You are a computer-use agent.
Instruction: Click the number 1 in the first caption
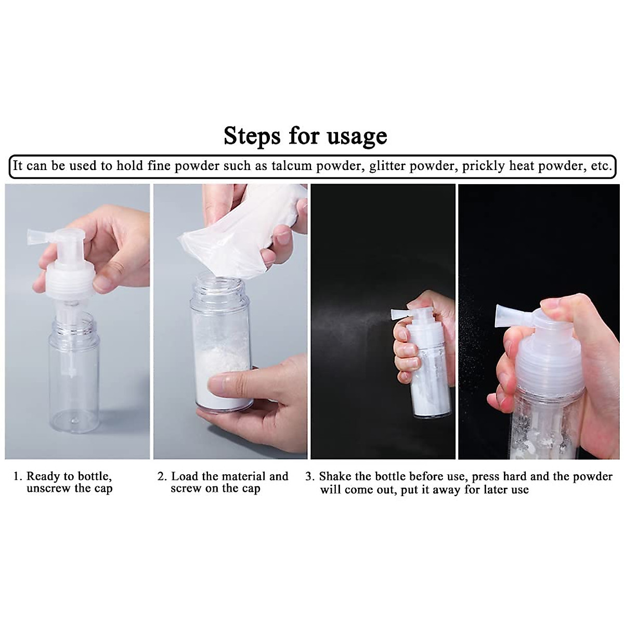[x=17, y=476]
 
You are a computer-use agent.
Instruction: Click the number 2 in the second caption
[x=162, y=476]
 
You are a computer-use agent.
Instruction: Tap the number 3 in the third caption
[x=309, y=476]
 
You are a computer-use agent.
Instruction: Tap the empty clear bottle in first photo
[x=74, y=369]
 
